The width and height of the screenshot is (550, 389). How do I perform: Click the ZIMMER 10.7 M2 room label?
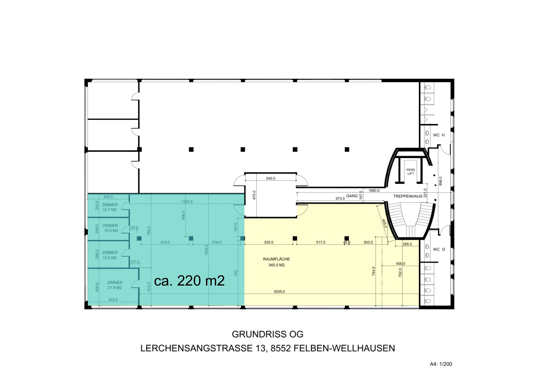[x=110, y=207]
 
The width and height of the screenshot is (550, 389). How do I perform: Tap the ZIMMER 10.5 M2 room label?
[x=110, y=228]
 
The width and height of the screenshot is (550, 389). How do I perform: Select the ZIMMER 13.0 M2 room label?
[x=110, y=255]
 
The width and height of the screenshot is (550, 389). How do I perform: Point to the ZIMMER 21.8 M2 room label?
[x=115, y=285]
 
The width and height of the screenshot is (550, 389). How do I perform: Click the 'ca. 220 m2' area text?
[x=189, y=281]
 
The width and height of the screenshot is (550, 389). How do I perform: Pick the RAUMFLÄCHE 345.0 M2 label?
[x=277, y=262]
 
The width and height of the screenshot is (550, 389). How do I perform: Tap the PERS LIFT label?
[x=411, y=172]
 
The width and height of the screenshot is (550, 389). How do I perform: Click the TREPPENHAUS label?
[x=408, y=196]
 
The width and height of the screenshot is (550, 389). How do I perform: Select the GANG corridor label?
[x=352, y=196]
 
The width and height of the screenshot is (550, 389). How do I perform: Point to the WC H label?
[x=439, y=135]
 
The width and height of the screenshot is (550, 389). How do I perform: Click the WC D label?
[x=439, y=250]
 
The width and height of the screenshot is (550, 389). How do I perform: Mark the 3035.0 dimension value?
[x=279, y=292]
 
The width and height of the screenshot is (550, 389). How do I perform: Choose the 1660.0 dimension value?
[x=374, y=190]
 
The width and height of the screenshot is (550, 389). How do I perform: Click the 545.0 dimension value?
[x=271, y=178]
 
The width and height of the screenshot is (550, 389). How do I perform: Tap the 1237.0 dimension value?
[x=187, y=202]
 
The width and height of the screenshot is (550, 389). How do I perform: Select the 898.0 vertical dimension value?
[x=441, y=181]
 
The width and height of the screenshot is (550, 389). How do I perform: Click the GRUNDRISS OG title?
[x=268, y=334]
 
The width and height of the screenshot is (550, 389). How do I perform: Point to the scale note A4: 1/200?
[x=441, y=364]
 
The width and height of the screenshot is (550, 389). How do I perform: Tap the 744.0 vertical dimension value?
[x=373, y=271]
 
